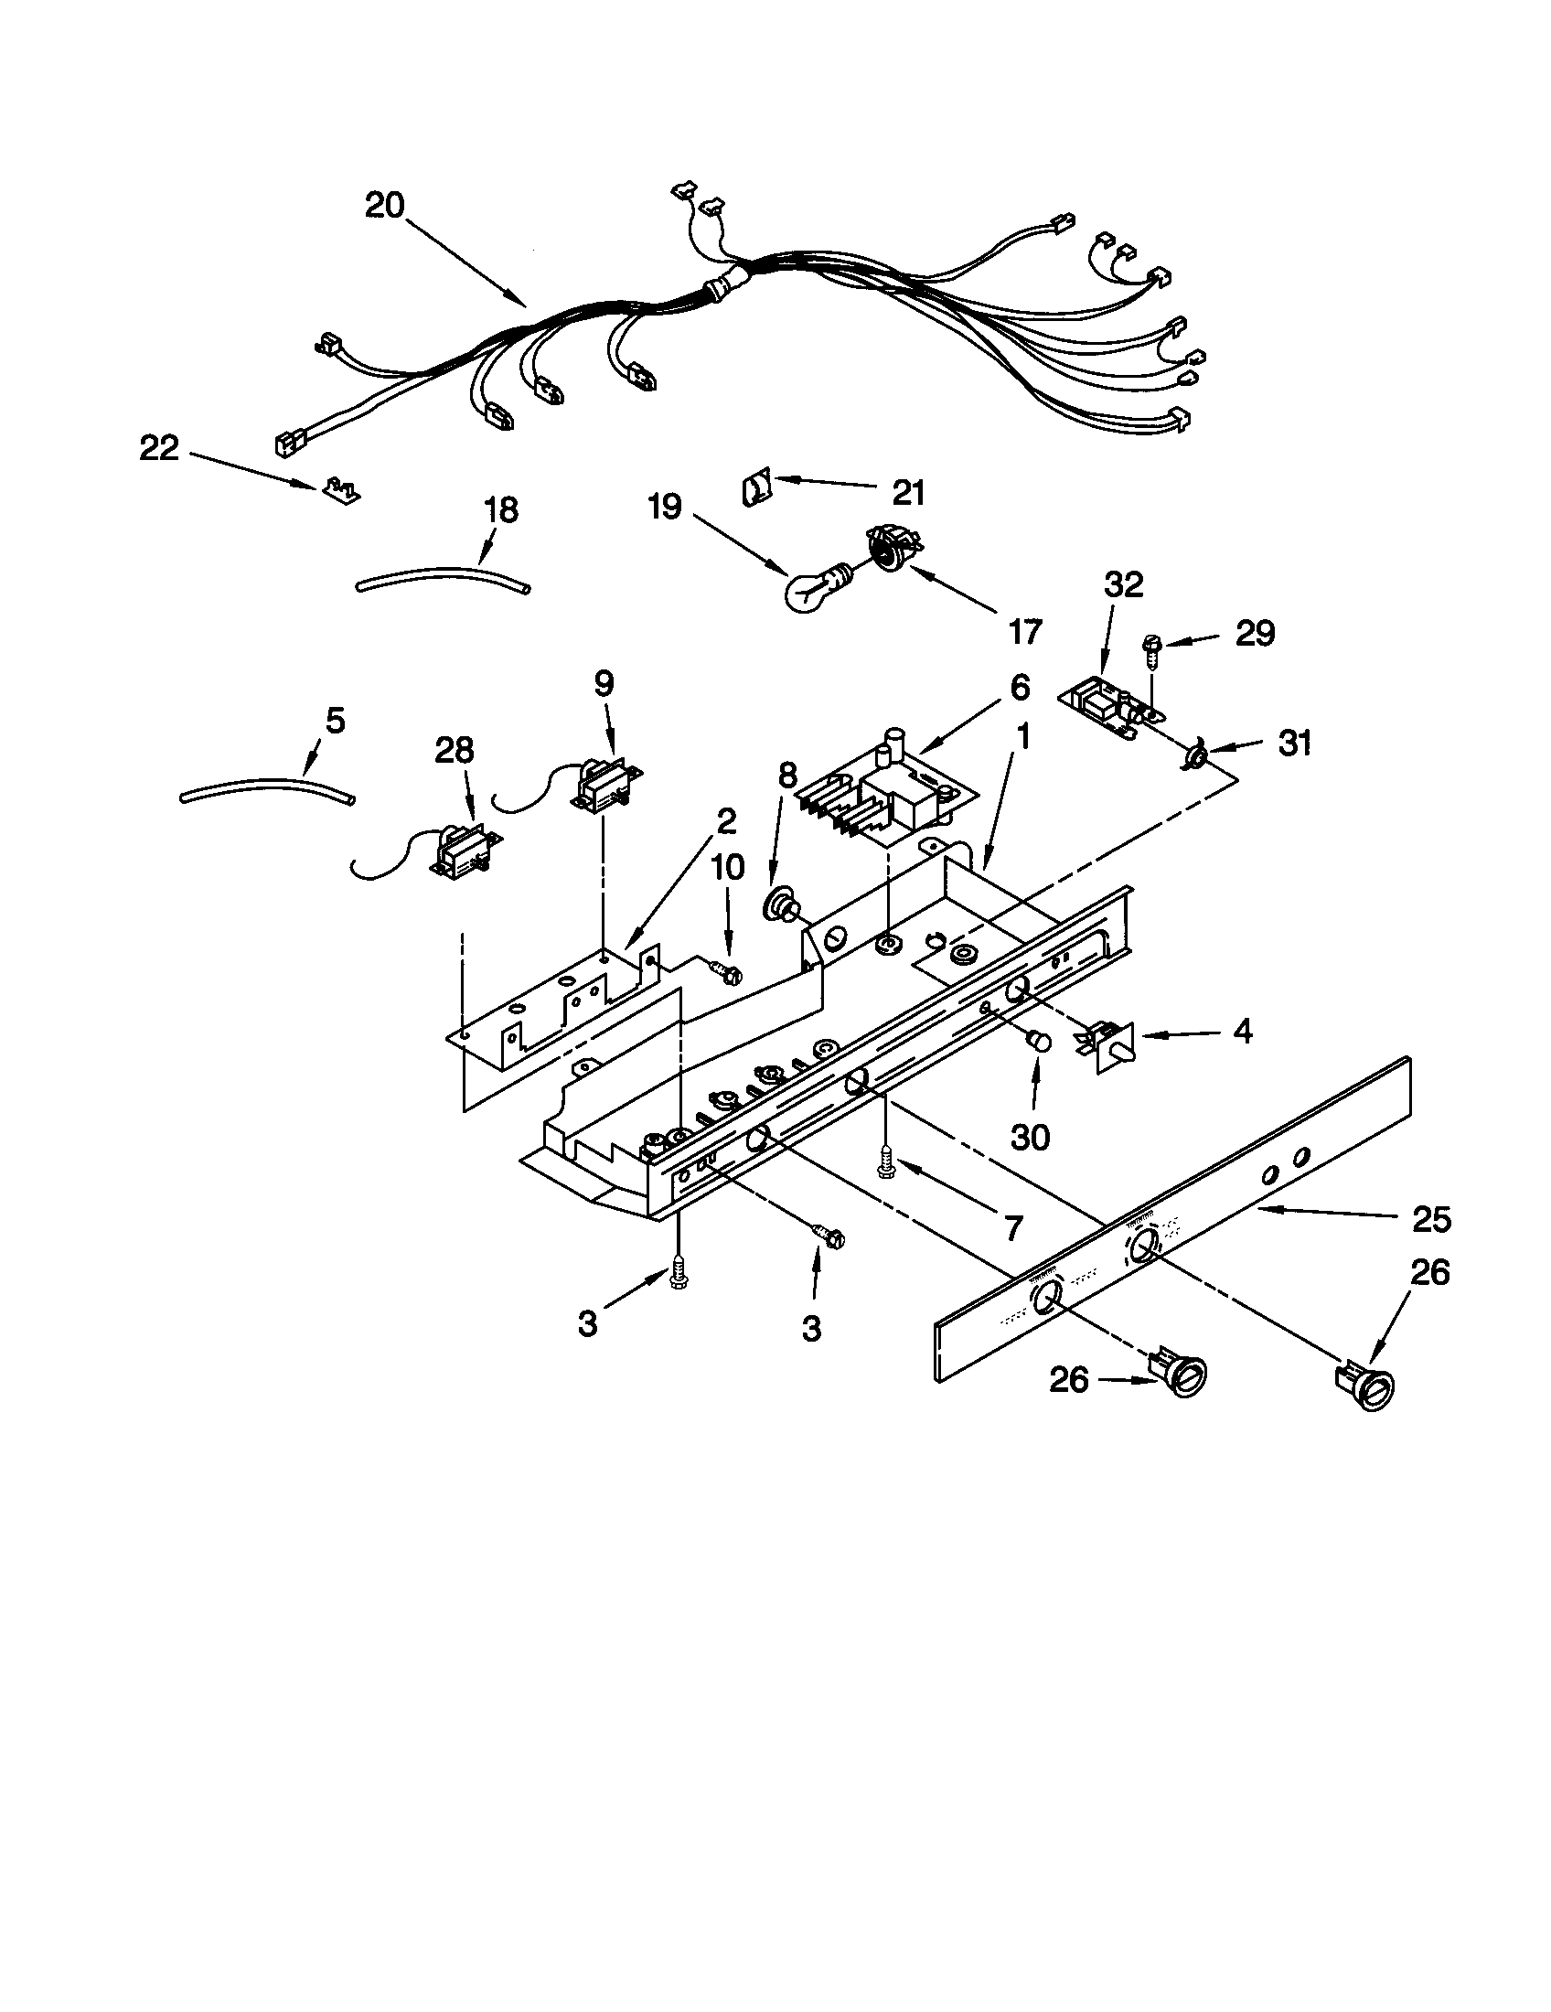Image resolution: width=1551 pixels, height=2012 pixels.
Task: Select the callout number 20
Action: [x=384, y=206]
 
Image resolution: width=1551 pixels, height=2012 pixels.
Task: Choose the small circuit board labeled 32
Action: [x=1105, y=712]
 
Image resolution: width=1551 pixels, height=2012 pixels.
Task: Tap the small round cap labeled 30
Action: [x=1039, y=1040]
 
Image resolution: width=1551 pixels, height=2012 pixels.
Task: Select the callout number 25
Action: [x=1430, y=1219]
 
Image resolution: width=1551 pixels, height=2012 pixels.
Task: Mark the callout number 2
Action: [x=727, y=821]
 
